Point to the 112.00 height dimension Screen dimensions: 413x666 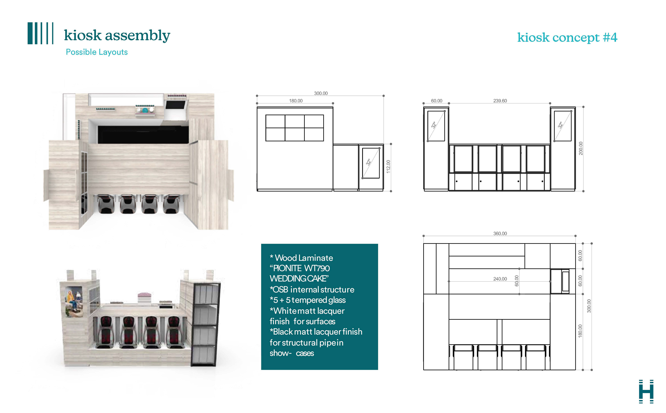click(388, 167)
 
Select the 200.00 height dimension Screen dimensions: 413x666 click(581, 148)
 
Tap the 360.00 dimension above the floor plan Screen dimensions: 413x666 click(500, 234)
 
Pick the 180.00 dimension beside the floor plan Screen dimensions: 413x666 click(580, 331)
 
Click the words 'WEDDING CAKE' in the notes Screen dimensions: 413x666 click(299, 279)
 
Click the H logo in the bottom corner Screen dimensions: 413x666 click(646, 391)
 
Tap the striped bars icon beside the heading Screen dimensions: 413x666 click(40, 33)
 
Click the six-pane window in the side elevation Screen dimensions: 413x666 click(294, 128)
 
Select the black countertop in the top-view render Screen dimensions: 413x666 click(143, 135)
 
